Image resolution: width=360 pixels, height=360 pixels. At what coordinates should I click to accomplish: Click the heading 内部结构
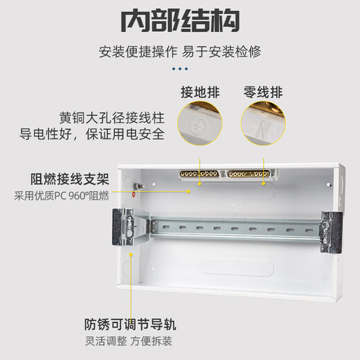(x=180, y=21)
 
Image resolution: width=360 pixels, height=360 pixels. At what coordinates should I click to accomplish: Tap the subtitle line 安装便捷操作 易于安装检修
(x=180, y=52)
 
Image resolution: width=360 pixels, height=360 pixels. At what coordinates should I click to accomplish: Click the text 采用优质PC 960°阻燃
(x=62, y=195)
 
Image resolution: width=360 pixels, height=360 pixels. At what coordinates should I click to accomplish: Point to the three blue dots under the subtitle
(x=180, y=69)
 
